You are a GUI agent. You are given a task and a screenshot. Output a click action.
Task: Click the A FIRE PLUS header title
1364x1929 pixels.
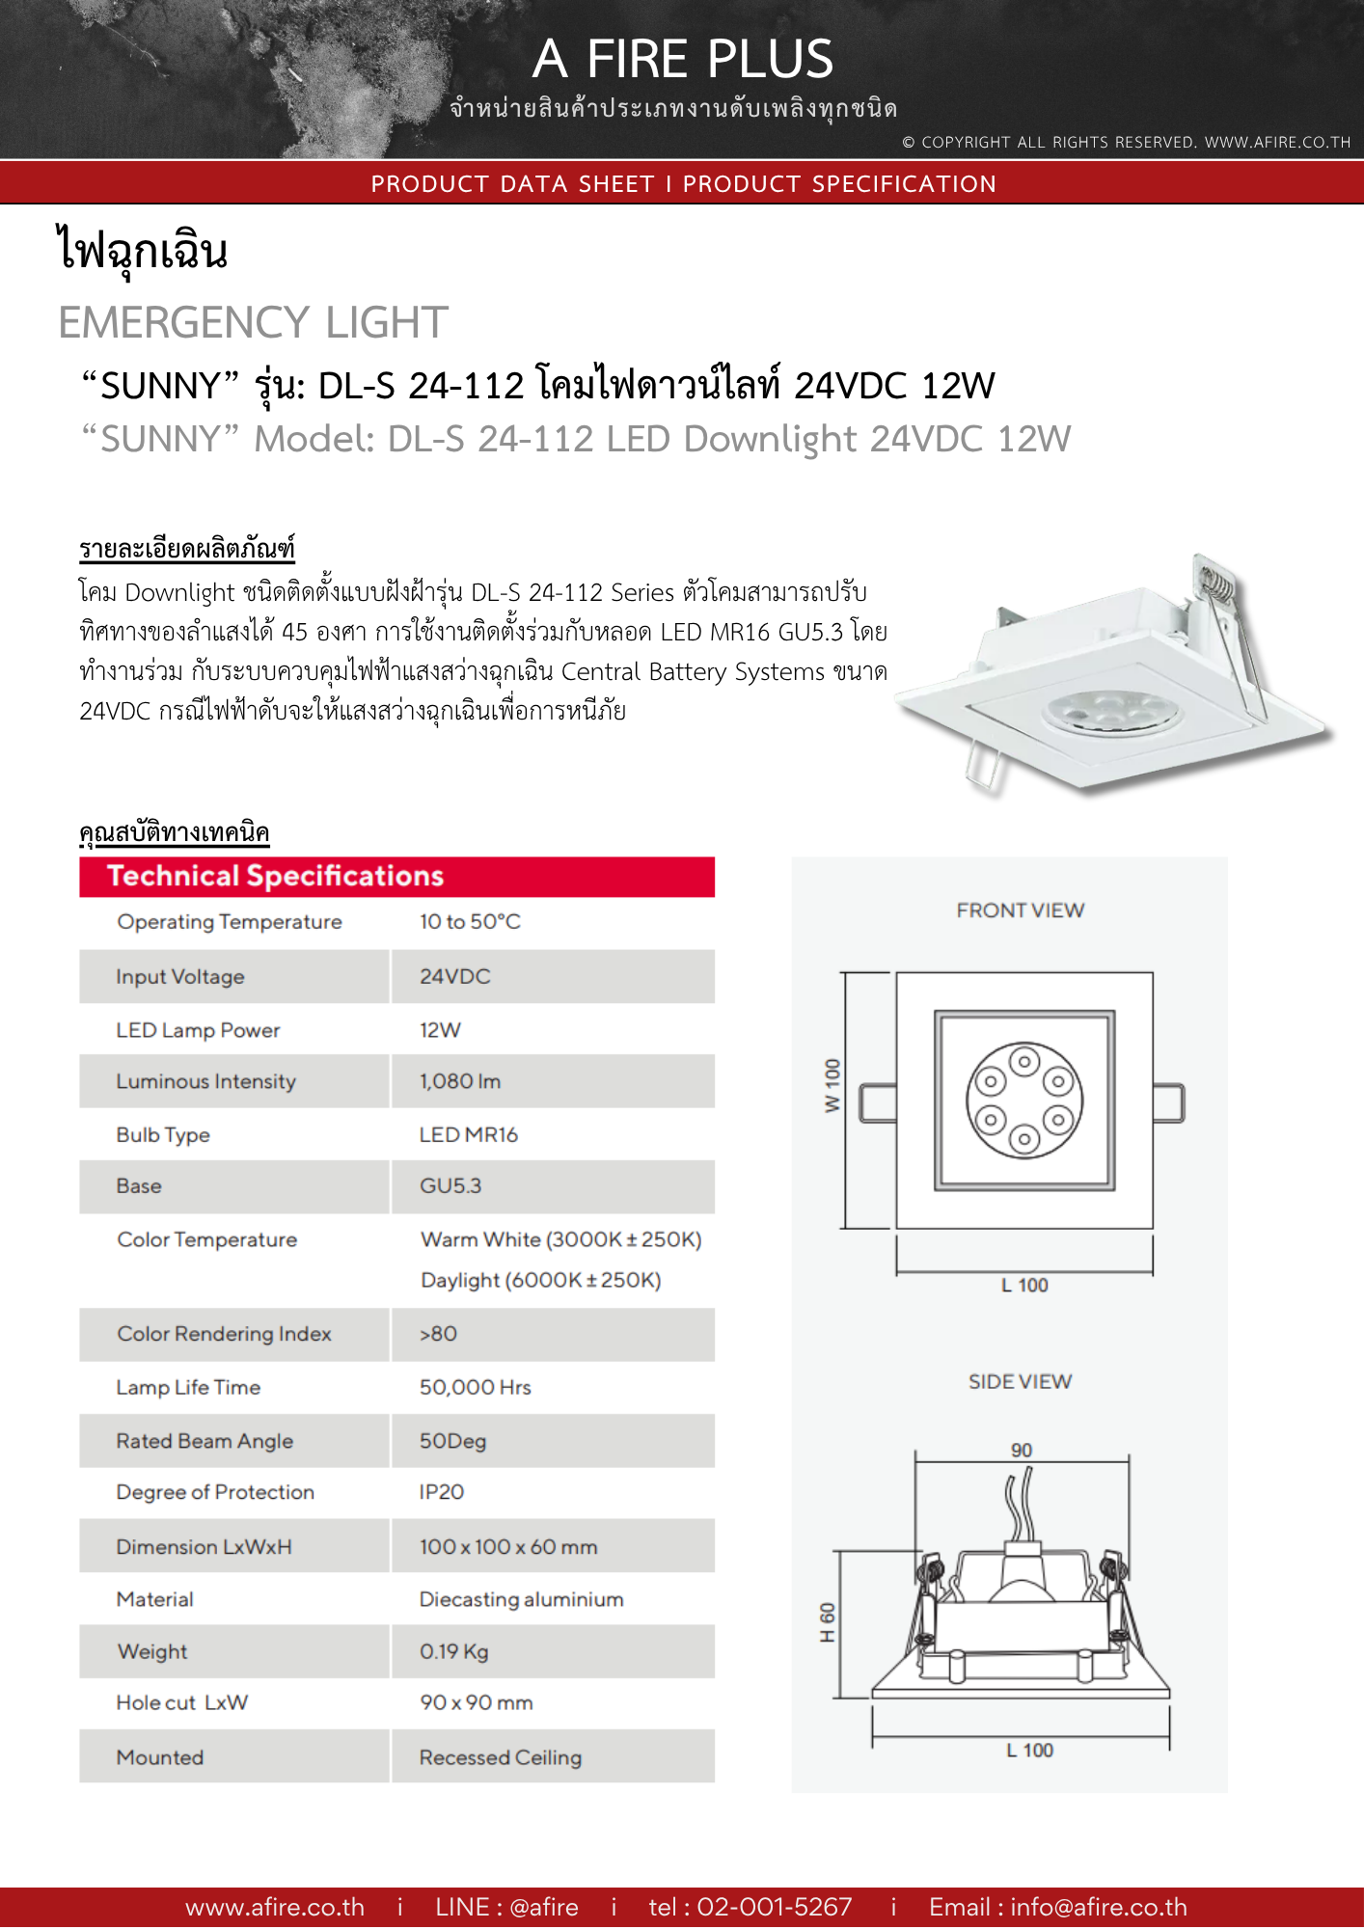(x=682, y=59)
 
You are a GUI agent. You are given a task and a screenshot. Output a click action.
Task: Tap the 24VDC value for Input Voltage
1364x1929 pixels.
(x=454, y=976)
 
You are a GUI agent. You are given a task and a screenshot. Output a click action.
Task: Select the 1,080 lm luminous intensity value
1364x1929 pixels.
(x=459, y=1081)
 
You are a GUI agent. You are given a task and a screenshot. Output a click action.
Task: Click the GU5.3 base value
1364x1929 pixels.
(x=450, y=1185)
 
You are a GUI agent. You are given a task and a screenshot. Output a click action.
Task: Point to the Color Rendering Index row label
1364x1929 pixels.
(x=224, y=1334)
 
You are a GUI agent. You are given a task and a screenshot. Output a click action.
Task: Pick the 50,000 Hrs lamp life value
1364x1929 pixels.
(x=475, y=1387)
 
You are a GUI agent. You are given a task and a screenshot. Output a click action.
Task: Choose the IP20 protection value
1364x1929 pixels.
(x=441, y=1492)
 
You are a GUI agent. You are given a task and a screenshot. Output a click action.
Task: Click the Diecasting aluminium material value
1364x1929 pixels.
(x=521, y=1599)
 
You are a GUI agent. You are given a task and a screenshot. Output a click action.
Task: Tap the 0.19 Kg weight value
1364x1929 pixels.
(x=453, y=1651)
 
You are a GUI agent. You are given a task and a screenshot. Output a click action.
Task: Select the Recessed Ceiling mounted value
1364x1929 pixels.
(x=500, y=1757)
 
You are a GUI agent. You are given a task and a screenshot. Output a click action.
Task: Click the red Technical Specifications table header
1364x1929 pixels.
(x=396, y=876)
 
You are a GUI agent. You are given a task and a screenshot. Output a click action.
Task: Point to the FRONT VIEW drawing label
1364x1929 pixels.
(x=1020, y=910)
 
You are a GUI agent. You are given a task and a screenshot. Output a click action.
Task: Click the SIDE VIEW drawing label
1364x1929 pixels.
(x=1020, y=1381)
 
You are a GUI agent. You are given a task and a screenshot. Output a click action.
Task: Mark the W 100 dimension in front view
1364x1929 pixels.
(x=832, y=1086)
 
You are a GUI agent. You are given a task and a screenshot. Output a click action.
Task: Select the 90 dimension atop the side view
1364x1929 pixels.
(x=1021, y=1450)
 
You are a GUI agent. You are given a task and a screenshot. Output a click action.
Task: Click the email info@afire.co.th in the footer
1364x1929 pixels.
(x=1098, y=1907)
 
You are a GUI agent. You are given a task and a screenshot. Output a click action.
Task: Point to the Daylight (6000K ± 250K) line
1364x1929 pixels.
(x=540, y=1280)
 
